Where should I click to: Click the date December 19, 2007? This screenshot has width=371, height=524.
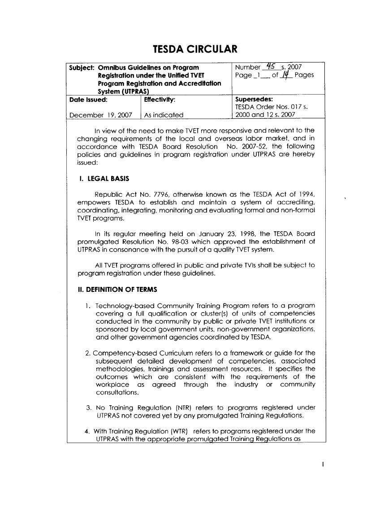pyautogui.click(x=100, y=115)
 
